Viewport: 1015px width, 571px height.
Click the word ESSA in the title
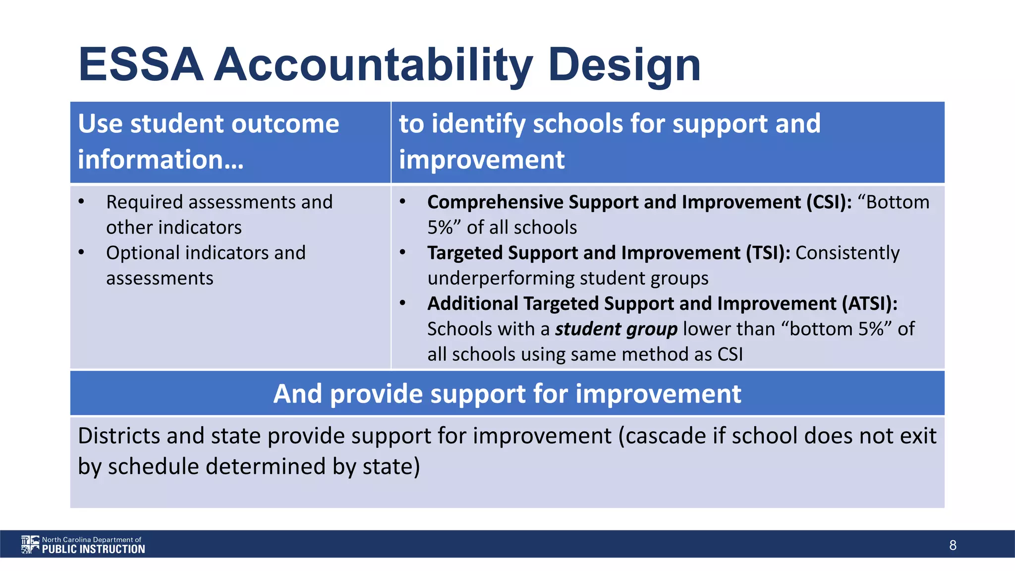[x=141, y=64]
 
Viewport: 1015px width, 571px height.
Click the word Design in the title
[x=624, y=64]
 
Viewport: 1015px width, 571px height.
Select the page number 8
[x=953, y=545]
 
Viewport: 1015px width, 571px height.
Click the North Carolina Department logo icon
[x=30, y=544]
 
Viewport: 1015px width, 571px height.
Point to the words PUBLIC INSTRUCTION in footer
[x=93, y=549]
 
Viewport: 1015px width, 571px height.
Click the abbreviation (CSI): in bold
[x=829, y=202]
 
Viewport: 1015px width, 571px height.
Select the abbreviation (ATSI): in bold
[x=869, y=303]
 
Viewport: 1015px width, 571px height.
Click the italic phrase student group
[x=616, y=329]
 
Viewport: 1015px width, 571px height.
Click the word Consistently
[x=847, y=253]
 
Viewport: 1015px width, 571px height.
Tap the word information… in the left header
[x=161, y=160]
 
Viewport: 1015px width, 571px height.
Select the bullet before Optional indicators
[x=81, y=253]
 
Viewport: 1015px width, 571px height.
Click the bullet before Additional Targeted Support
[x=402, y=303]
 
